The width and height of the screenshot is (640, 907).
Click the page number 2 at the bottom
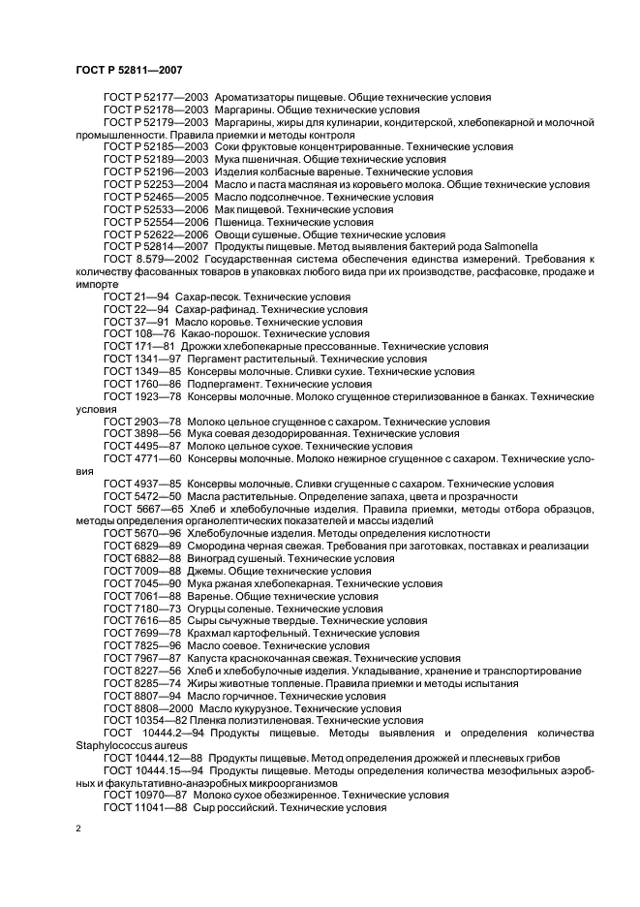[78, 829]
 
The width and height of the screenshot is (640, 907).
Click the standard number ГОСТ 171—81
[139, 345]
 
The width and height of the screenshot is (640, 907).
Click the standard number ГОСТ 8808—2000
[147, 708]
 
